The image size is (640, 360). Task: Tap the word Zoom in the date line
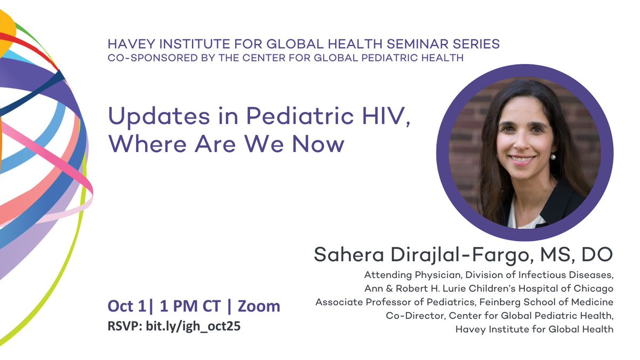(x=259, y=306)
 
